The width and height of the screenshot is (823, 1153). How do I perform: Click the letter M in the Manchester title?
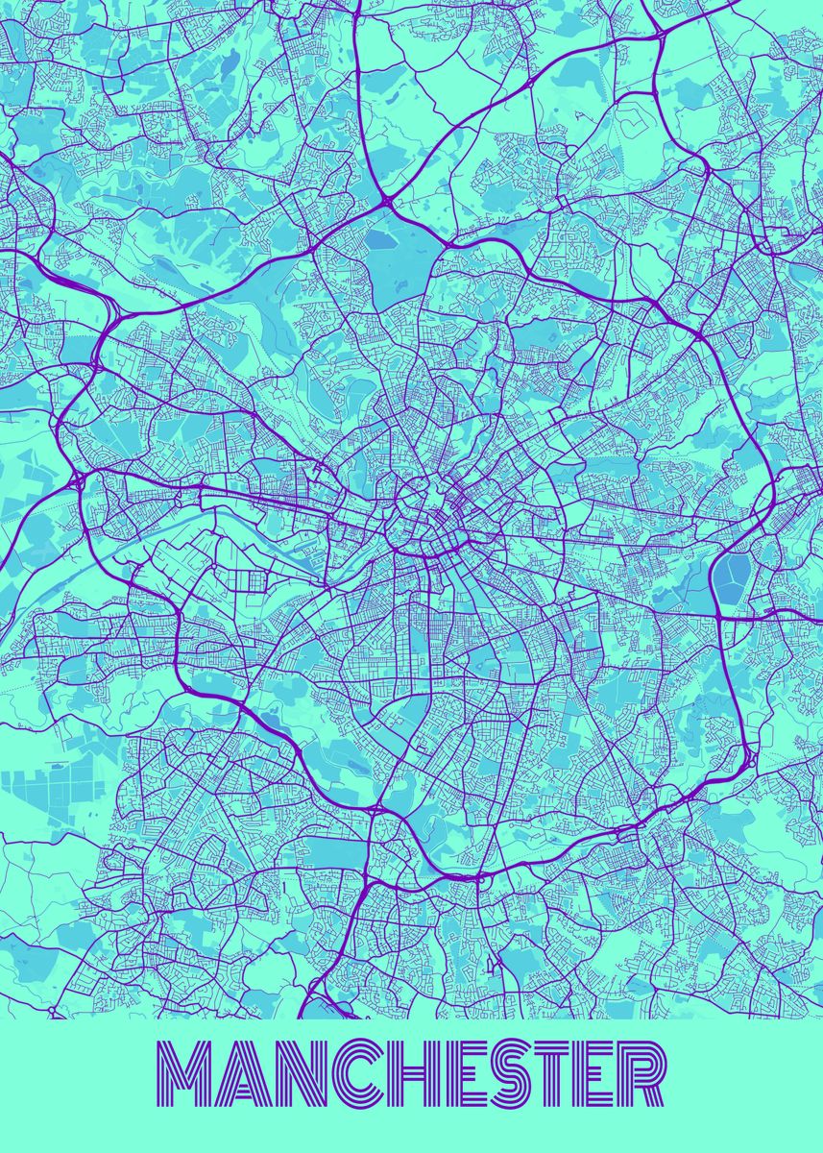pos(184,1073)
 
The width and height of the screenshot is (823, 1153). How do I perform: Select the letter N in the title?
pos(291,1073)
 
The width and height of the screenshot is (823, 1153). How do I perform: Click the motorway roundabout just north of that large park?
pos(386,201)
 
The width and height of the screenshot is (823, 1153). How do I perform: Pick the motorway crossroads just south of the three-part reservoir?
pos(721,616)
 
